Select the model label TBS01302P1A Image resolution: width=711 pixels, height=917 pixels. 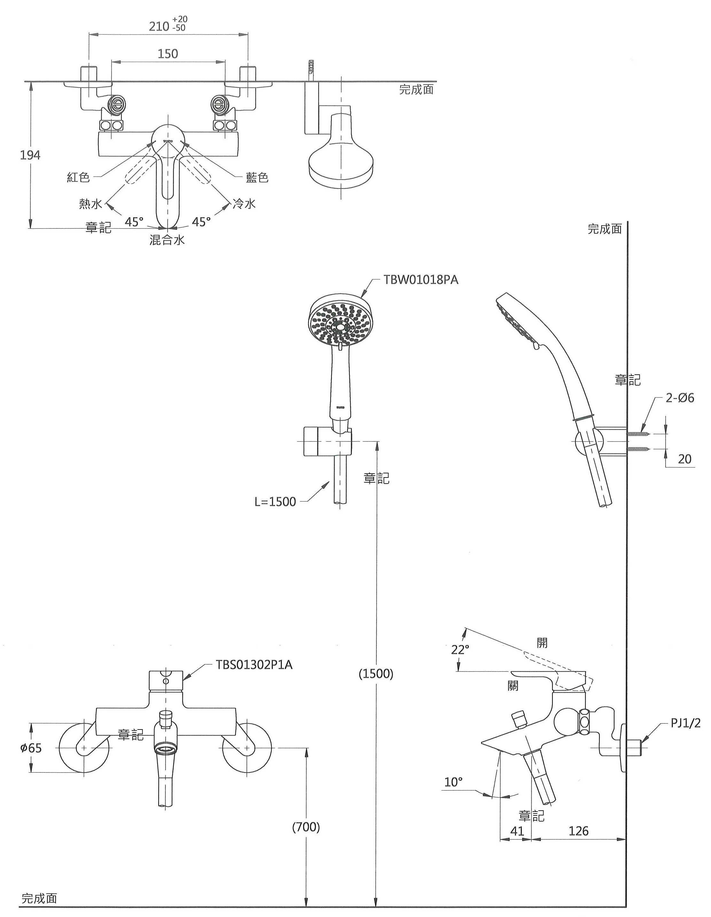click(254, 665)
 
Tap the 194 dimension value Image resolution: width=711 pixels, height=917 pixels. click(30, 155)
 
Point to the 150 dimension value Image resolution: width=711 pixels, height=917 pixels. click(168, 54)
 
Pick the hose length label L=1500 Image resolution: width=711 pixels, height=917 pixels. click(275, 502)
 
